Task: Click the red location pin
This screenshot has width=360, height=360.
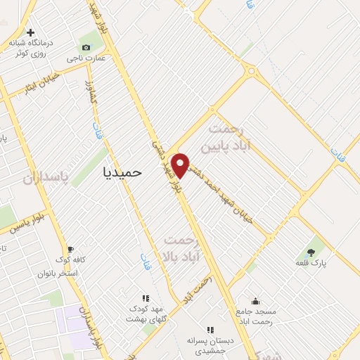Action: click(x=181, y=164)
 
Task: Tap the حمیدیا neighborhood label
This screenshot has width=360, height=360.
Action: click(x=122, y=171)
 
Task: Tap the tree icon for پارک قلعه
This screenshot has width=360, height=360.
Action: click(x=311, y=252)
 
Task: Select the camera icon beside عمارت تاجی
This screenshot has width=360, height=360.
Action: click(x=86, y=47)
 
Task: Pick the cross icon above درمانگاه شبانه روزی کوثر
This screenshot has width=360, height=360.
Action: click(x=30, y=32)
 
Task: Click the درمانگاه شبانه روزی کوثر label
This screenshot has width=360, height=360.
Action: click(x=28, y=47)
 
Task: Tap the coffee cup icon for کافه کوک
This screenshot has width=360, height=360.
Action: click(x=70, y=249)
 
